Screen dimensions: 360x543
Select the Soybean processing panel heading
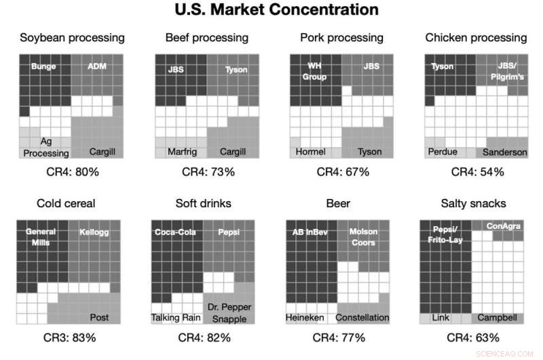click(71, 37)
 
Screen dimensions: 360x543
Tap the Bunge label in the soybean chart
click(43, 67)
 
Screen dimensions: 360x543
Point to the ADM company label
click(98, 67)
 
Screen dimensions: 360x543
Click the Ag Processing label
click(46, 147)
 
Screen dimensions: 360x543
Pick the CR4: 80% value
click(71, 172)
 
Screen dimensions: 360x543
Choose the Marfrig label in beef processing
click(182, 151)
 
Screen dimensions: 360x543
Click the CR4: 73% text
click(207, 172)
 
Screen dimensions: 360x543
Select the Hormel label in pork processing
click(311, 151)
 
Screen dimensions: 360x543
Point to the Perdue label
click(442, 151)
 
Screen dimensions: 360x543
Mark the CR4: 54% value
click(478, 172)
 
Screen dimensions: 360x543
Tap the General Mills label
click(41, 237)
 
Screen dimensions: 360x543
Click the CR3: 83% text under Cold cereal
click(71, 338)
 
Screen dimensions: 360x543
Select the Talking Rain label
click(176, 317)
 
